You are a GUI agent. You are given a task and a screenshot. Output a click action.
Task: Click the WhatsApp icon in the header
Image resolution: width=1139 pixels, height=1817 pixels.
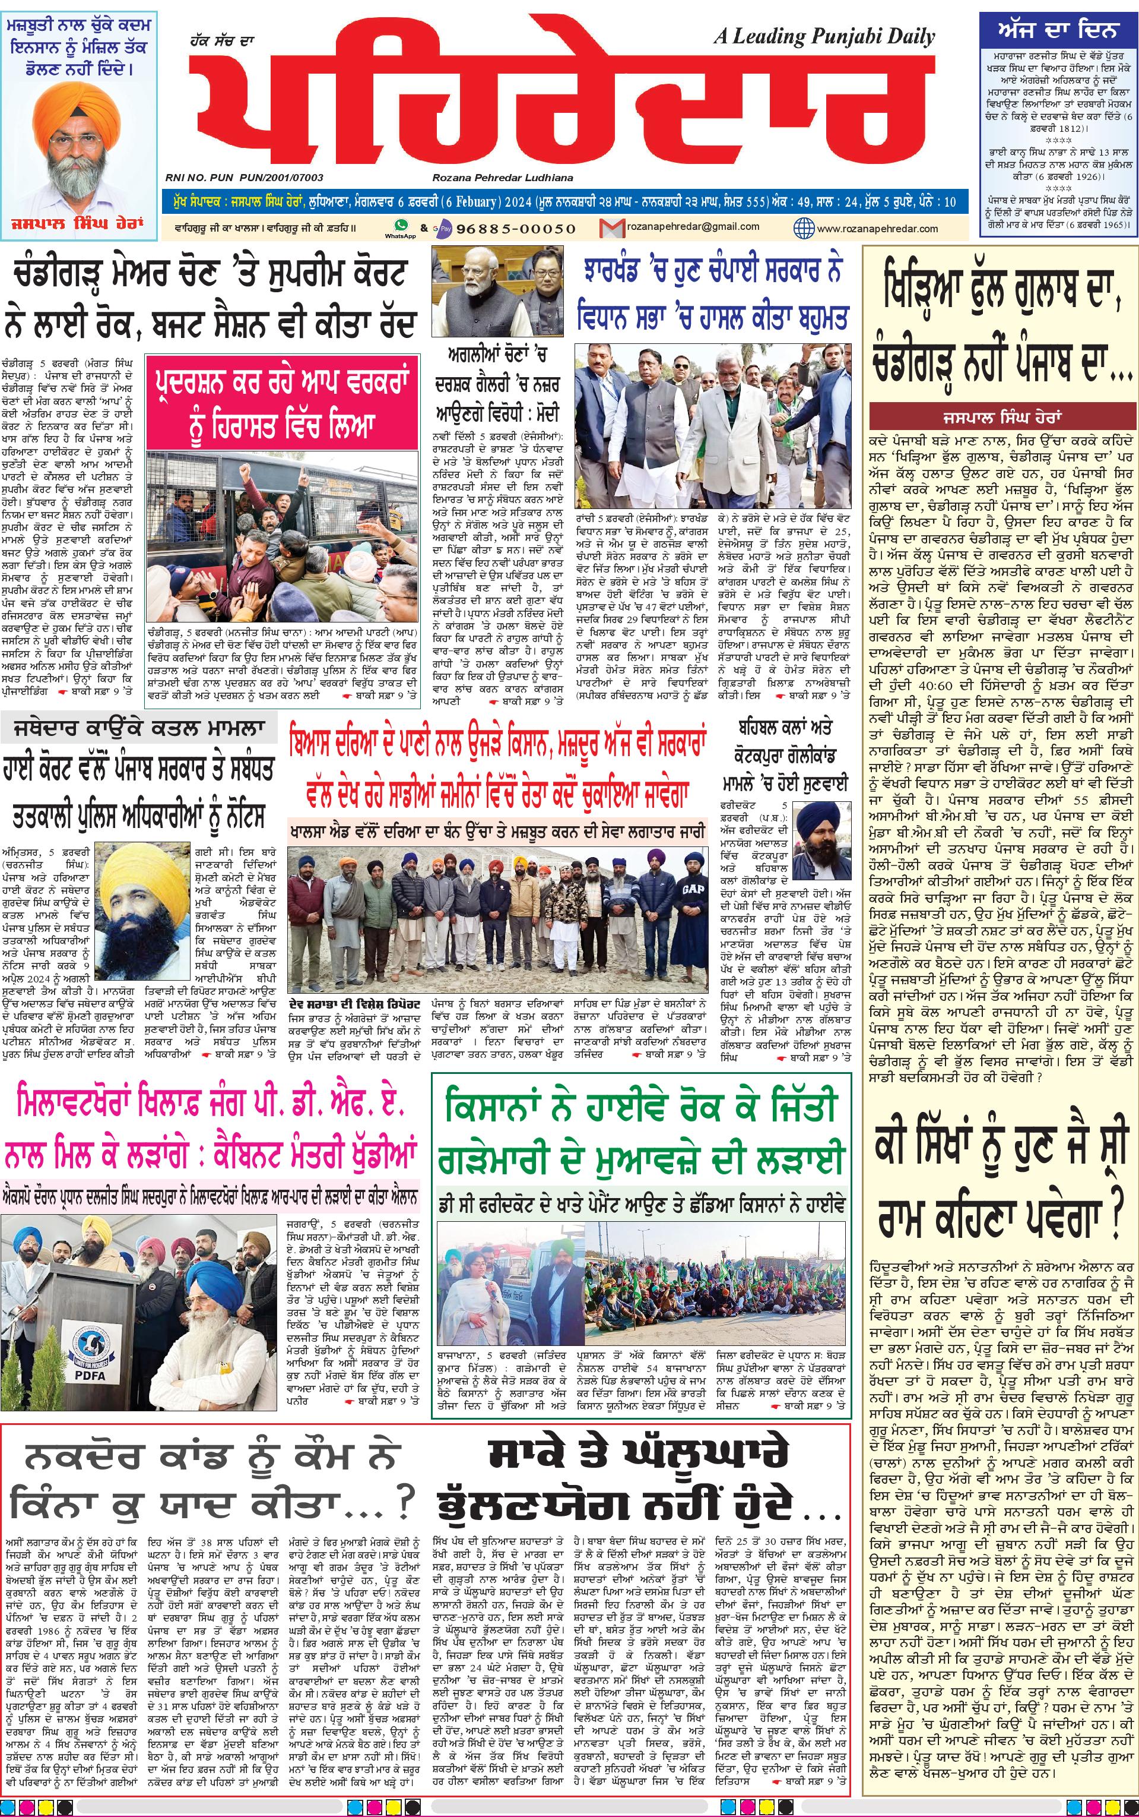click(401, 226)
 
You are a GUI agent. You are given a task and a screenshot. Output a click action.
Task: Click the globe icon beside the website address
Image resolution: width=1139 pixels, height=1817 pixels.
click(804, 227)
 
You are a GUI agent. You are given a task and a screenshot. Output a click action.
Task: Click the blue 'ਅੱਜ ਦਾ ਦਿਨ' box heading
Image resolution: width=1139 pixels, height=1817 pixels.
click(1058, 31)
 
